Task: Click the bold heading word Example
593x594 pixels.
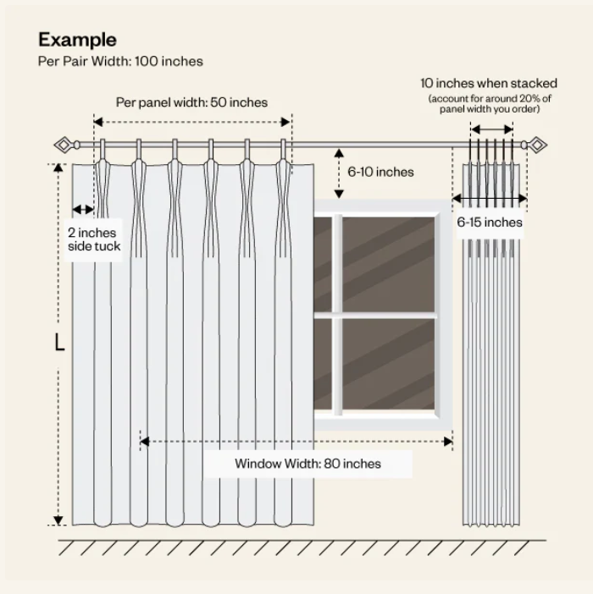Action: click(77, 40)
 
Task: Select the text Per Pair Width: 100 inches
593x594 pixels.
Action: click(120, 61)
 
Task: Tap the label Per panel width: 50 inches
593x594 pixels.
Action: click(191, 102)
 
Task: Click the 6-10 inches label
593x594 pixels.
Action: click(381, 172)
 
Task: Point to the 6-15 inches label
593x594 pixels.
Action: click(490, 223)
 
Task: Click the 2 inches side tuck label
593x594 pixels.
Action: click(94, 239)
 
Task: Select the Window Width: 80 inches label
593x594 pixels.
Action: click(308, 464)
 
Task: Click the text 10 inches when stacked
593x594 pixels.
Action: click(489, 84)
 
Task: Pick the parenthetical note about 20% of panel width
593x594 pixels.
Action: click(489, 104)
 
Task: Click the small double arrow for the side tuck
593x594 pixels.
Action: click(83, 209)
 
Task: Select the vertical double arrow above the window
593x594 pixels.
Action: click(340, 173)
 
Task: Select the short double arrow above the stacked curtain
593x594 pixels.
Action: click(491, 129)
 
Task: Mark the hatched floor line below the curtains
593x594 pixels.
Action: click(301, 547)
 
